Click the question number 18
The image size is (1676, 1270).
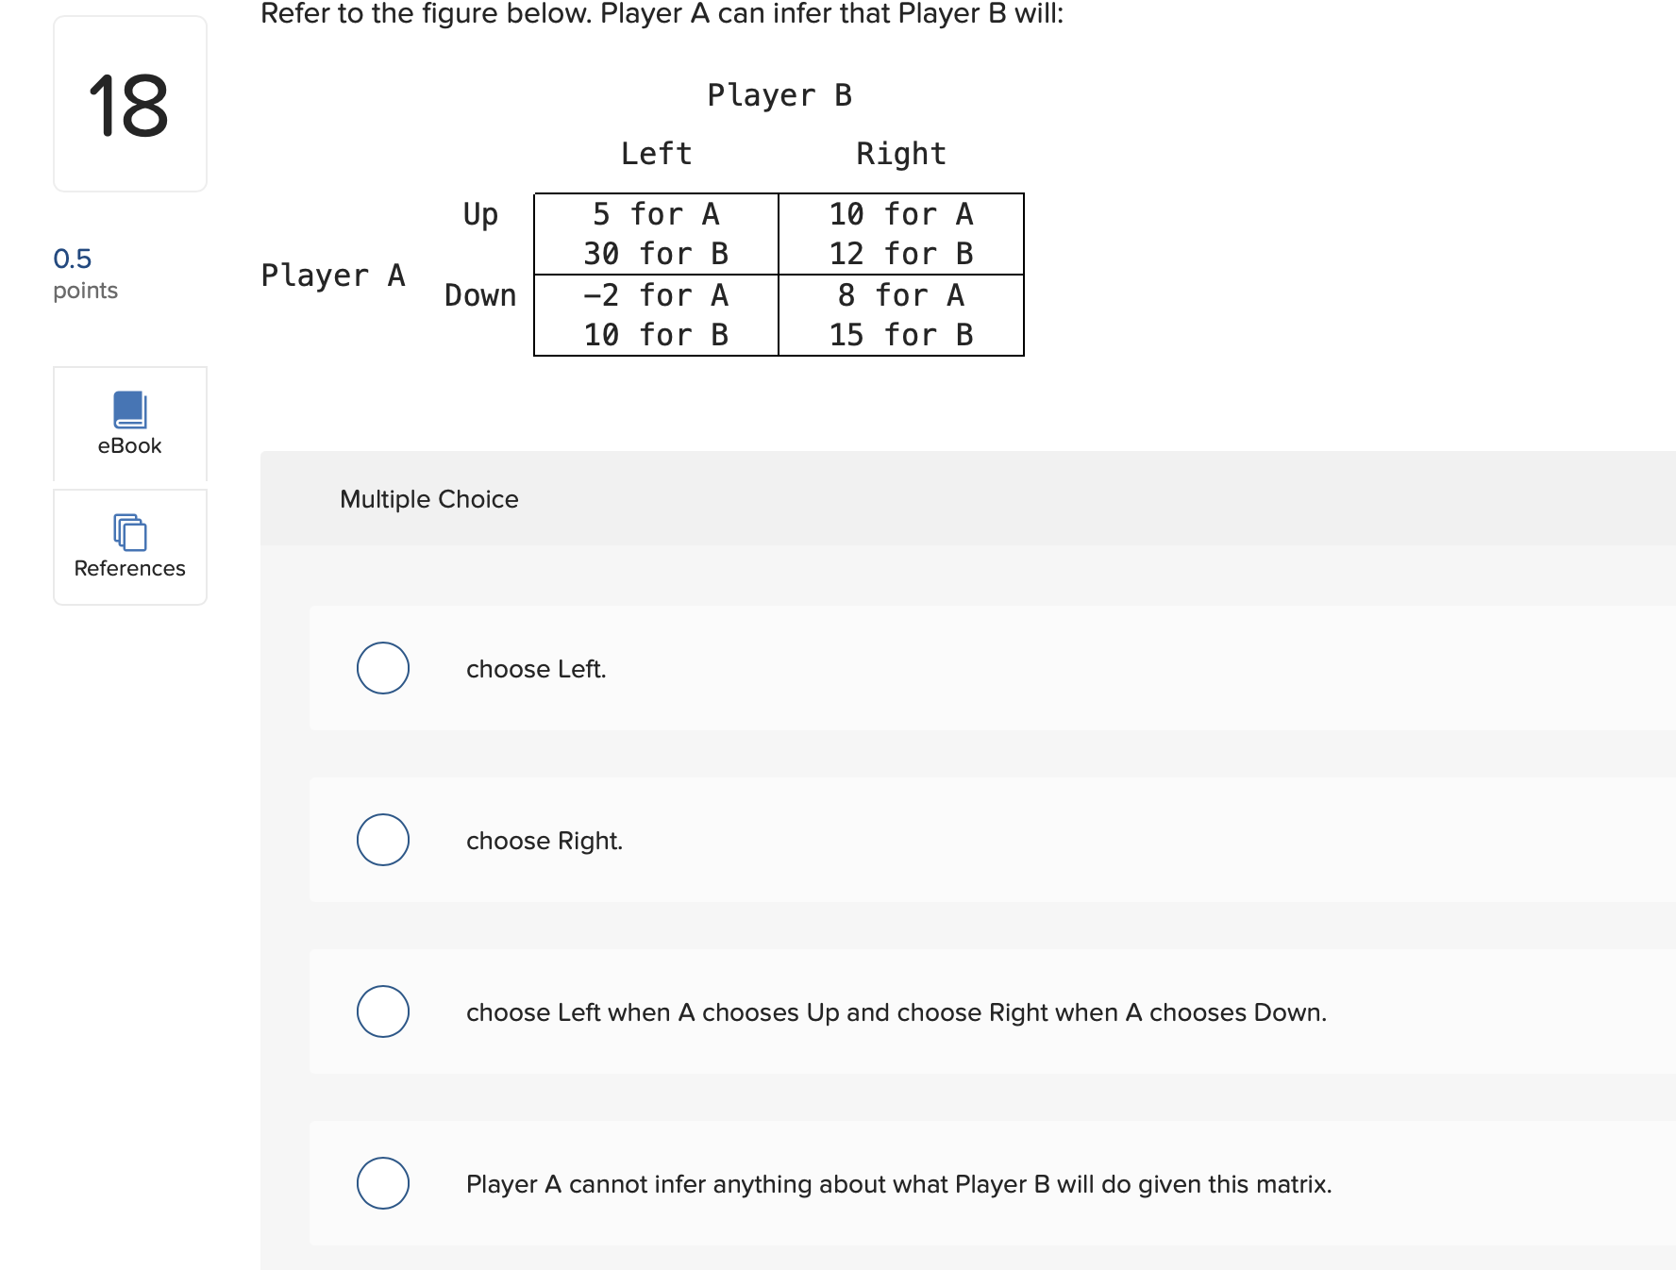pyautogui.click(x=129, y=106)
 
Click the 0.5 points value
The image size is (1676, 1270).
pyautogui.click(x=73, y=259)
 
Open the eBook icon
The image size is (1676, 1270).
pyautogui.click(x=129, y=410)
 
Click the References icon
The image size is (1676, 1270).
pyautogui.click(x=129, y=533)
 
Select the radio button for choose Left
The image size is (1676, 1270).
pyautogui.click(x=382, y=668)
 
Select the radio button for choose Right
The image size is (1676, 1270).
pyautogui.click(x=382, y=840)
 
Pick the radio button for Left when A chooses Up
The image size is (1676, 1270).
pyautogui.click(x=382, y=1011)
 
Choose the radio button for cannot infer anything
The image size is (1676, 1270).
pyautogui.click(x=382, y=1183)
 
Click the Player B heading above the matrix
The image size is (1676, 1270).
pyautogui.click(x=779, y=95)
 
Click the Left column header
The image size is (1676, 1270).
pyautogui.click(x=656, y=154)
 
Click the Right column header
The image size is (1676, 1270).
pyautogui.click(x=900, y=154)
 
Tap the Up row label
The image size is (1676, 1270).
pyautogui.click(x=480, y=215)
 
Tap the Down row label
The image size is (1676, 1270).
pyautogui.click(x=480, y=295)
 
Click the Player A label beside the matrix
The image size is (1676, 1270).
pyautogui.click(x=333, y=276)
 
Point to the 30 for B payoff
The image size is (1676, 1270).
pyautogui.click(x=656, y=254)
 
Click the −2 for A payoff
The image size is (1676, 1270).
pyautogui.click(x=656, y=295)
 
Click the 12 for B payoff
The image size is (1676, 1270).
pyautogui.click(x=900, y=254)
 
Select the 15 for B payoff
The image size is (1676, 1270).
pyautogui.click(x=900, y=335)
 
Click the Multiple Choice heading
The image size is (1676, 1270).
pyautogui.click(x=428, y=499)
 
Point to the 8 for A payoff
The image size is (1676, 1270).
pyautogui.click(x=900, y=295)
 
